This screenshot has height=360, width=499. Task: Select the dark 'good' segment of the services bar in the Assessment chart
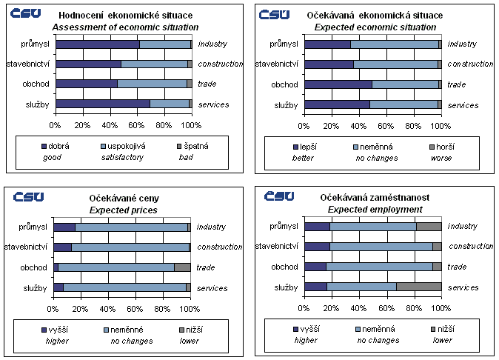coord(103,104)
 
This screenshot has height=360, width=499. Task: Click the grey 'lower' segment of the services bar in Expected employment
coord(419,287)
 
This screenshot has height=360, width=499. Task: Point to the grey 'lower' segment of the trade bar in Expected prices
coord(182,267)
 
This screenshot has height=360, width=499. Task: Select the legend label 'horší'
coord(441,146)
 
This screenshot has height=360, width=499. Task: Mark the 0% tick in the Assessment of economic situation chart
coord(55,124)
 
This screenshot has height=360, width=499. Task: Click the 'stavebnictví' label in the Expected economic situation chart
coord(277,64)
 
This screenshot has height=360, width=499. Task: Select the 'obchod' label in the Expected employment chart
coord(284,267)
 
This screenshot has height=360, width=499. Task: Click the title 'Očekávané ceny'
coord(124,199)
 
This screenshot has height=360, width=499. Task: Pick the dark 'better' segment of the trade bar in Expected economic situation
coord(338,84)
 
